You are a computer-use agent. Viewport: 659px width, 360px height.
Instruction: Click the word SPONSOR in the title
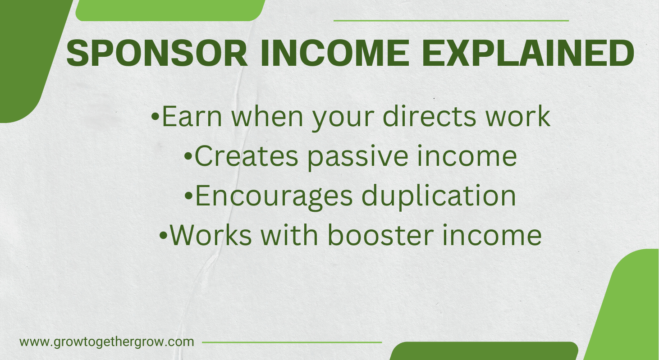coord(157,53)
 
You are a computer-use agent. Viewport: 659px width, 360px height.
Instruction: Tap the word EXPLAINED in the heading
coord(528,53)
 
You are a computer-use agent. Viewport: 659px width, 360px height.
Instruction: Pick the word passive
coord(358,157)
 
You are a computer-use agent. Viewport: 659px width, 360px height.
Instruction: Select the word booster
coord(381,235)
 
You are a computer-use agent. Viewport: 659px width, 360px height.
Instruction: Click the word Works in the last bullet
coord(211,235)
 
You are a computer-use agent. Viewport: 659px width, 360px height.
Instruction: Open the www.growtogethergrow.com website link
coord(107,342)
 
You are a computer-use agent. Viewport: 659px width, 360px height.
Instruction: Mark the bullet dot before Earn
coord(155,117)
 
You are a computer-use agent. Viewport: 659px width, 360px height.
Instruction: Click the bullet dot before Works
coord(163,235)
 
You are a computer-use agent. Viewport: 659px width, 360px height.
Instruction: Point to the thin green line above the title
coord(451,21)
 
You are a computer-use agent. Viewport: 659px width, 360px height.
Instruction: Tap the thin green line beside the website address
coord(292,342)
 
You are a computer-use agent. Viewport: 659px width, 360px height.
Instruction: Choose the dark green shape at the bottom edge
coord(484,351)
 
